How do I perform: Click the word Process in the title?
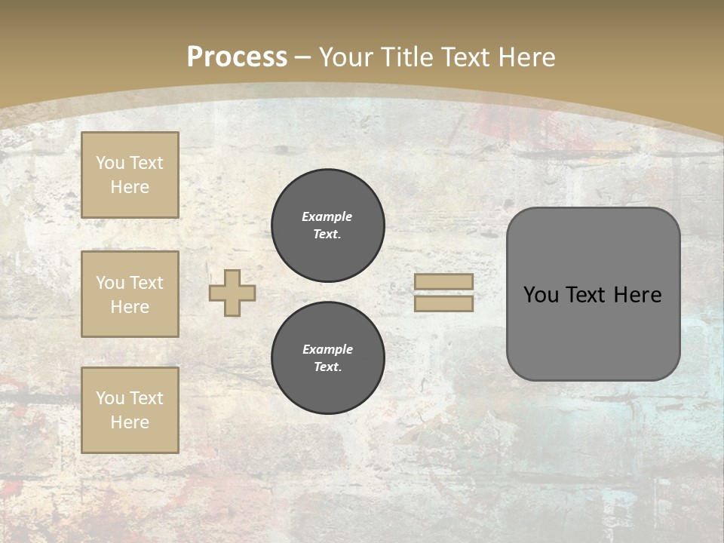click(x=237, y=57)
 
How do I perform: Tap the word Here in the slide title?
click(x=525, y=57)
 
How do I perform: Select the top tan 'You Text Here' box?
click(x=130, y=175)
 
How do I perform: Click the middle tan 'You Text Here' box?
click(x=130, y=294)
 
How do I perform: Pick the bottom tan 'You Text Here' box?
click(x=130, y=410)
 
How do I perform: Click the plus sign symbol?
click(x=232, y=293)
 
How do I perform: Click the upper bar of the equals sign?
click(x=444, y=282)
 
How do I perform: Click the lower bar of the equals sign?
click(x=444, y=304)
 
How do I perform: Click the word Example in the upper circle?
click(x=327, y=216)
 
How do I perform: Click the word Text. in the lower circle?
click(x=327, y=367)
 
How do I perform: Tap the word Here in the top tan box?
click(x=130, y=187)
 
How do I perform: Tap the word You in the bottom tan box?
click(x=110, y=398)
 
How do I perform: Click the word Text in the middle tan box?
click(x=146, y=283)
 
